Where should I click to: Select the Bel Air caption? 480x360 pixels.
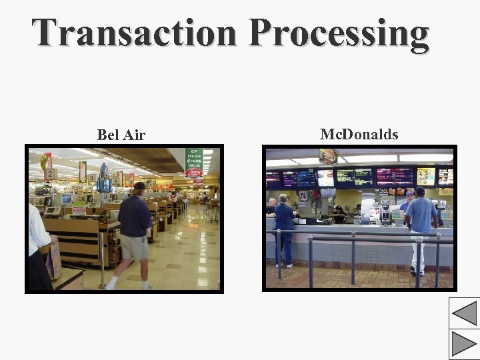point(121,135)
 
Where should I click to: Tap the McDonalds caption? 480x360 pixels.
point(359,135)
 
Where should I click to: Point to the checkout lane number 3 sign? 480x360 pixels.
point(91,179)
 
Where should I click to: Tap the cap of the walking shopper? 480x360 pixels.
point(139,186)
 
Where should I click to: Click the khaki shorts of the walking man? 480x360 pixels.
point(134,247)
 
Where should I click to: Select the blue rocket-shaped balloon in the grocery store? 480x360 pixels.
point(104,178)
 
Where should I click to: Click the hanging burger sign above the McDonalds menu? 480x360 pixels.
point(328,156)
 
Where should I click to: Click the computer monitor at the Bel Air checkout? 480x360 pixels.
point(65,198)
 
